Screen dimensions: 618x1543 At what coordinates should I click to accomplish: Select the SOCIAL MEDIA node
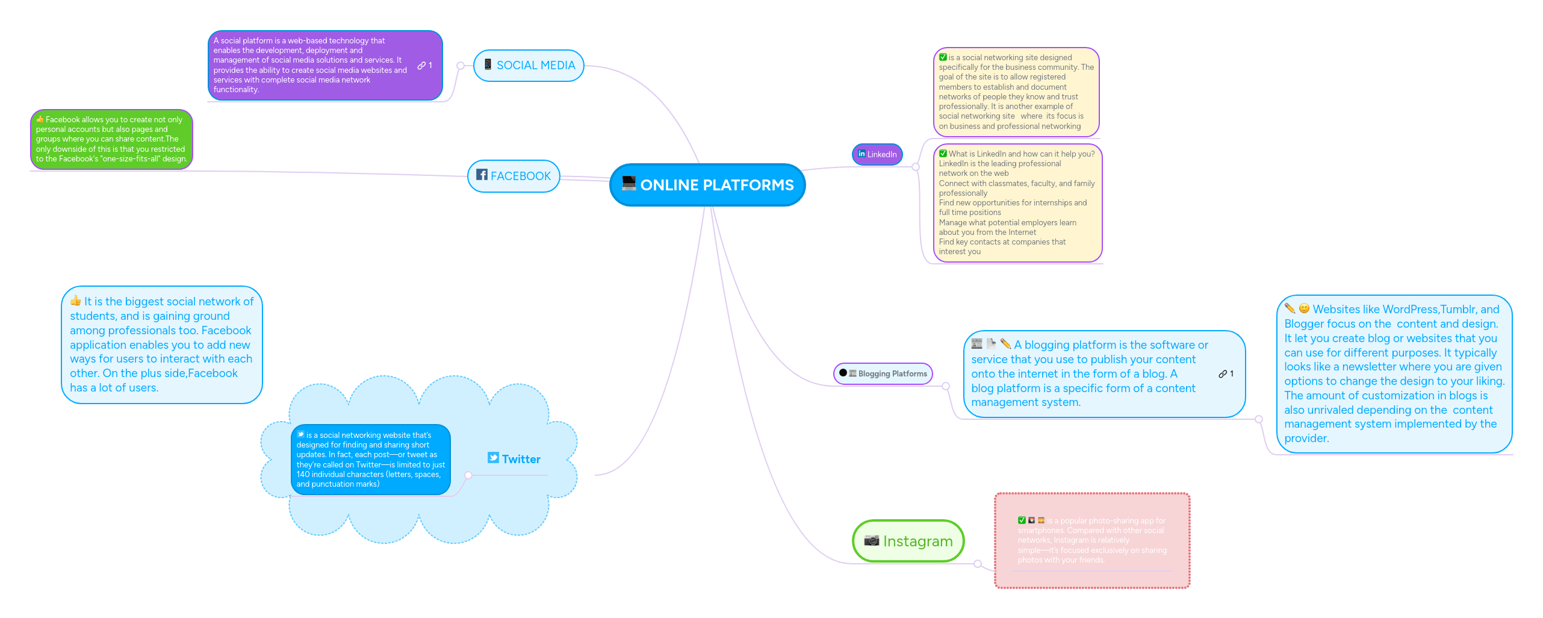(x=529, y=66)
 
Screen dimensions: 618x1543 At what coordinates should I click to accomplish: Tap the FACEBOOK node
(x=514, y=176)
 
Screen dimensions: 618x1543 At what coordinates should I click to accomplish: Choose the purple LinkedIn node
(x=877, y=154)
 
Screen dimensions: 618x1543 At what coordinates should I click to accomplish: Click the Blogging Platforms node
(x=883, y=373)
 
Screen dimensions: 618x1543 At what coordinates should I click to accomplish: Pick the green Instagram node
(x=908, y=541)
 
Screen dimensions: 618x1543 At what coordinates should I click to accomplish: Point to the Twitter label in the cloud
(x=521, y=459)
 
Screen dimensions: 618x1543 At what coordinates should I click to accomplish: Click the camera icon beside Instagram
(x=871, y=540)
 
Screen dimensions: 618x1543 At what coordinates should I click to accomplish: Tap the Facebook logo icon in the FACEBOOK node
(x=482, y=175)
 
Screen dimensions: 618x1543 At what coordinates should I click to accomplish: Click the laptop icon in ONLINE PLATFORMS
(x=629, y=183)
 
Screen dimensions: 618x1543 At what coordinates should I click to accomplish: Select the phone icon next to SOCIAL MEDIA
(x=488, y=64)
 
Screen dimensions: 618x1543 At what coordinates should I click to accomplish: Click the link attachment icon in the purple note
(x=421, y=66)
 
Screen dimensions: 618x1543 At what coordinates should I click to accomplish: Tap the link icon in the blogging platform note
(x=1223, y=374)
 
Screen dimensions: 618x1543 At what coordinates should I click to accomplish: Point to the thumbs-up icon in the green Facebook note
(x=40, y=119)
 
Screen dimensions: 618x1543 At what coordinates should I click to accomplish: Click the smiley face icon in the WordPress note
(x=1304, y=308)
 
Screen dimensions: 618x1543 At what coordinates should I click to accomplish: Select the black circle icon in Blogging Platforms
(x=843, y=373)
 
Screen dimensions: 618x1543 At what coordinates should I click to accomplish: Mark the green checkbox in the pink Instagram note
(x=1022, y=520)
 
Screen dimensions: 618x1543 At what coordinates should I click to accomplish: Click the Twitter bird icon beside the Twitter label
(x=493, y=458)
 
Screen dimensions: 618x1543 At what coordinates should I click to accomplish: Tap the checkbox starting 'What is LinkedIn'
(x=943, y=154)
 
